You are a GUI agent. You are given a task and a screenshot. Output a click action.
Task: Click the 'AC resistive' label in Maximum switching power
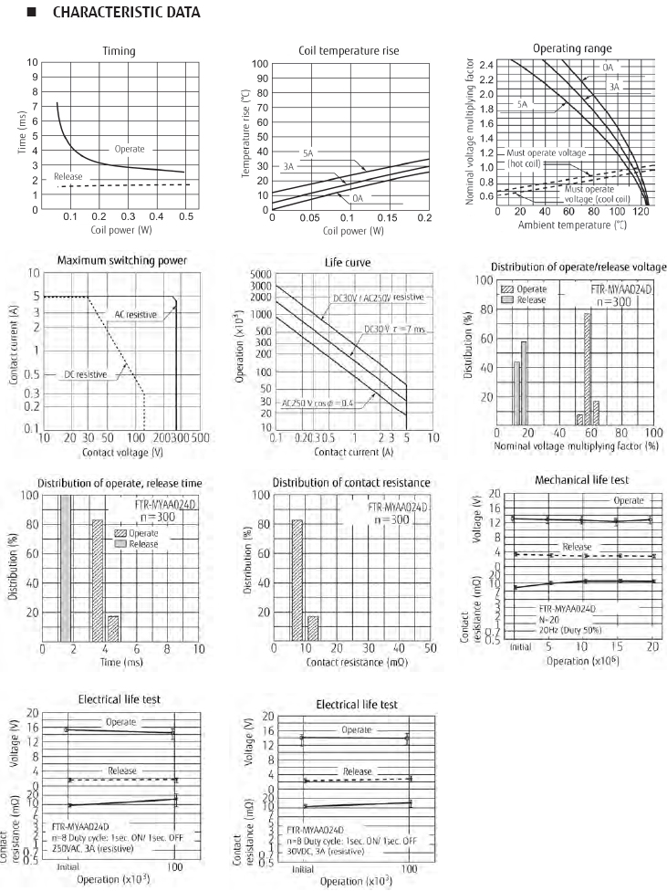(136, 314)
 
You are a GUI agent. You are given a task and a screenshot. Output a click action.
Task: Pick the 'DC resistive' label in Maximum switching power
(87, 374)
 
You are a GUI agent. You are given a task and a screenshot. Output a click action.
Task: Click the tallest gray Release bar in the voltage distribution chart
(524, 383)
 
